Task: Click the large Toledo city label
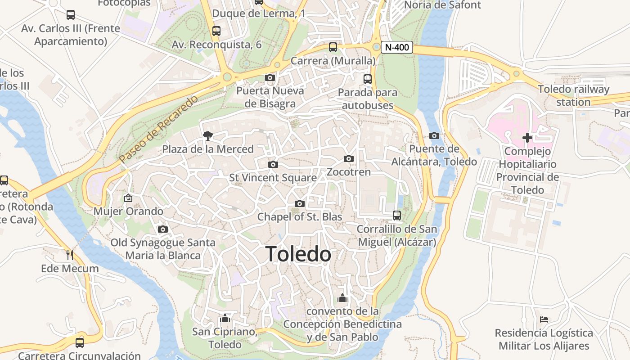tap(298, 254)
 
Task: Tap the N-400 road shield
tap(396, 47)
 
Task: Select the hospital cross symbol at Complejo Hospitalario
tap(527, 137)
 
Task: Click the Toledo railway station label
tap(573, 95)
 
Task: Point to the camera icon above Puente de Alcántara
tap(434, 135)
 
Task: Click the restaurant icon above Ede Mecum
tap(70, 255)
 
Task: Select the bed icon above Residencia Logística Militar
tap(544, 319)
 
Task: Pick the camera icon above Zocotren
tap(348, 158)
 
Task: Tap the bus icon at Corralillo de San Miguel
tap(396, 216)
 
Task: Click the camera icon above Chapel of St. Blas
tap(299, 203)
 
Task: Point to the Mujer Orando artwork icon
tap(128, 198)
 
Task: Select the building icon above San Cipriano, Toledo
tap(225, 319)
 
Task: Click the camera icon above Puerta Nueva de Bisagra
tap(270, 77)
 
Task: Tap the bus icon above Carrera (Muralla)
tap(333, 47)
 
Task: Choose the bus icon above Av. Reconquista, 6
tap(216, 31)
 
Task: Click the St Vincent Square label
tap(273, 178)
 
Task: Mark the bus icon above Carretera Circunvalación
tap(80, 342)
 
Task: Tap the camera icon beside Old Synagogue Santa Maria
tap(163, 229)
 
